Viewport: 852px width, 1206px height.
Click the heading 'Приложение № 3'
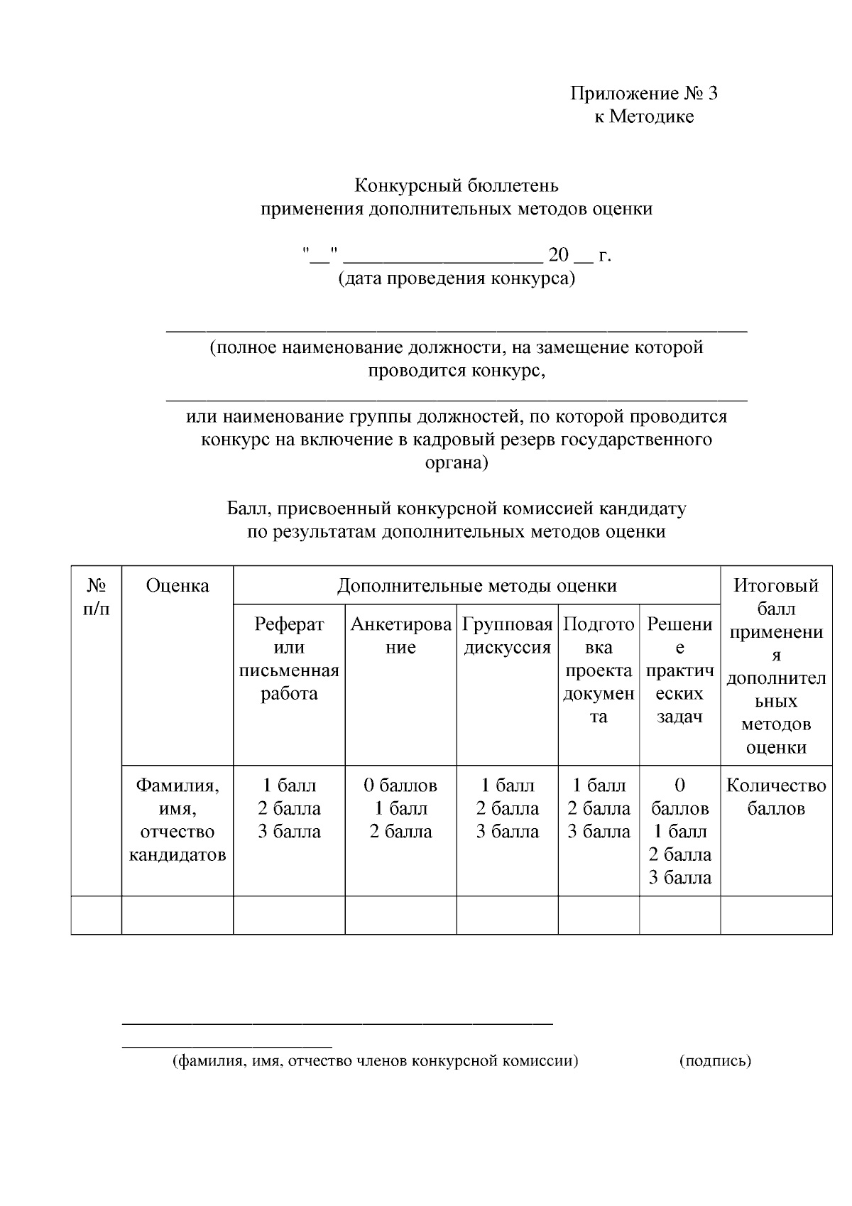pos(644,93)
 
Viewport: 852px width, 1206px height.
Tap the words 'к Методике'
pos(644,116)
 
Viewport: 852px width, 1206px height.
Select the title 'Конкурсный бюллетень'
pos(457,186)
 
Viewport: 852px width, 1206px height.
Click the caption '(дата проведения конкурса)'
pos(457,278)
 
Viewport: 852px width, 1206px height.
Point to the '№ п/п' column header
pos(97,597)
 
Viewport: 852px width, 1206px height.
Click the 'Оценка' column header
pos(177,585)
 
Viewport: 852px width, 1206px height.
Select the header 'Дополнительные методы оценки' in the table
pos(476,585)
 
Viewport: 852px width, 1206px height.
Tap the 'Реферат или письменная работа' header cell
pos(289,658)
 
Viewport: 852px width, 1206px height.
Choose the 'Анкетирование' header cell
pos(400,636)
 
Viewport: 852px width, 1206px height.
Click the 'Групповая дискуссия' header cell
pos(507,636)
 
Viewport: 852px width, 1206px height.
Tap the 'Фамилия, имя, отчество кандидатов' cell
pos(177,820)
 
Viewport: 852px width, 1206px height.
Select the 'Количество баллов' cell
pos(776,796)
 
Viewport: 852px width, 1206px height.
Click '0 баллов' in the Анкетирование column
pos(400,786)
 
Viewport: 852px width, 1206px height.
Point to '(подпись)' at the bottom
pos(715,1061)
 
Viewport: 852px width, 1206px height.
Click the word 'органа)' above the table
pos(457,462)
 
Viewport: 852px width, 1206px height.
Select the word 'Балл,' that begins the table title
pos(249,509)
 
